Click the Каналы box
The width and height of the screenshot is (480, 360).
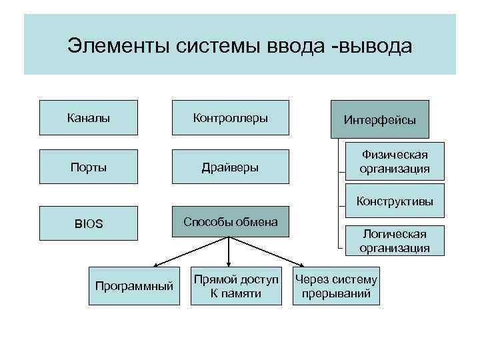click(x=89, y=118)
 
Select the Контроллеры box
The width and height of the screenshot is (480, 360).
click(x=231, y=118)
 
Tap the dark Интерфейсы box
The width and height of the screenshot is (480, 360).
click(x=380, y=120)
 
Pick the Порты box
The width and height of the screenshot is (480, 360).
click(x=89, y=166)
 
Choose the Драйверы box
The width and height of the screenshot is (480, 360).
click(x=231, y=166)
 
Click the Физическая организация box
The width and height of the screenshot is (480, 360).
click(x=395, y=161)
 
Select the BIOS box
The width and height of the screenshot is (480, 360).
click(x=89, y=223)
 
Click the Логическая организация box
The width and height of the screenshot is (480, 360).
click(x=395, y=241)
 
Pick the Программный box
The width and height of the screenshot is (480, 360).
click(x=134, y=286)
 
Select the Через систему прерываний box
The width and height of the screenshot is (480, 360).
click(x=336, y=286)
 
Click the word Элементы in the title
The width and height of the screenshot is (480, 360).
click(x=119, y=47)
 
